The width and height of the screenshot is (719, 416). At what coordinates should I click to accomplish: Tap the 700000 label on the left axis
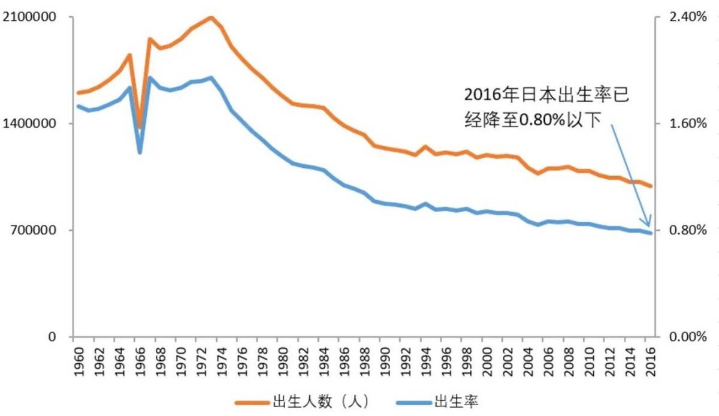[x=35, y=230]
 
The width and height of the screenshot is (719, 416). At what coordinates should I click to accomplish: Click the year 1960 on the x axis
[x=78, y=360]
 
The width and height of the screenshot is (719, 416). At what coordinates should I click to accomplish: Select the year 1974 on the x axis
[x=221, y=360]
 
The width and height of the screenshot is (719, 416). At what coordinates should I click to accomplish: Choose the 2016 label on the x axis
[x=649, y=360]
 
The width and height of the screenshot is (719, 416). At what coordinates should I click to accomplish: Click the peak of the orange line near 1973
[x=211, y=17]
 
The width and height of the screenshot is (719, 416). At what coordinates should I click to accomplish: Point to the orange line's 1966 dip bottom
[x=140, y=126]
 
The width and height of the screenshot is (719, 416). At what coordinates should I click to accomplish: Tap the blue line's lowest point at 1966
[x=140, y=152]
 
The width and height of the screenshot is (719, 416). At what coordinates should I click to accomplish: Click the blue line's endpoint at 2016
[x=651, y=233]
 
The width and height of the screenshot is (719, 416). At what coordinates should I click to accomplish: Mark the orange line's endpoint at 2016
[x=651, y=186]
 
